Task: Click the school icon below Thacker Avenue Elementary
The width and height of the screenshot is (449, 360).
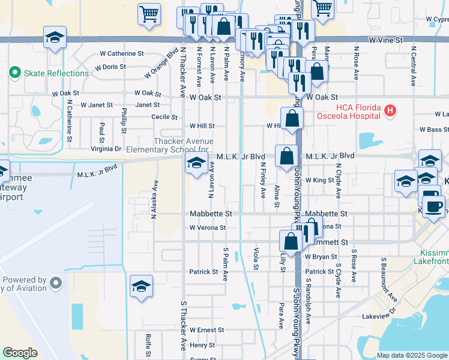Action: coord(196,163)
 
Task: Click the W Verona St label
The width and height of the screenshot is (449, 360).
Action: coord(207,227)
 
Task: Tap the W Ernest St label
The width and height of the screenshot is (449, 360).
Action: coord(206,329)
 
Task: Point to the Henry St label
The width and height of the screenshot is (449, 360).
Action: coord(202,345)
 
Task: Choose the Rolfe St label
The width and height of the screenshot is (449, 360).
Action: coord(148,346)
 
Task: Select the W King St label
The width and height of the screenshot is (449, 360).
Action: coord(319,179)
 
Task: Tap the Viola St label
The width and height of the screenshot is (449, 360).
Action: coord(256,258)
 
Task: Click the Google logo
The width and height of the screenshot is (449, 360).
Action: coord(20,353)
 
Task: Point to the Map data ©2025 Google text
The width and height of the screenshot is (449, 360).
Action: coord(411,355)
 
